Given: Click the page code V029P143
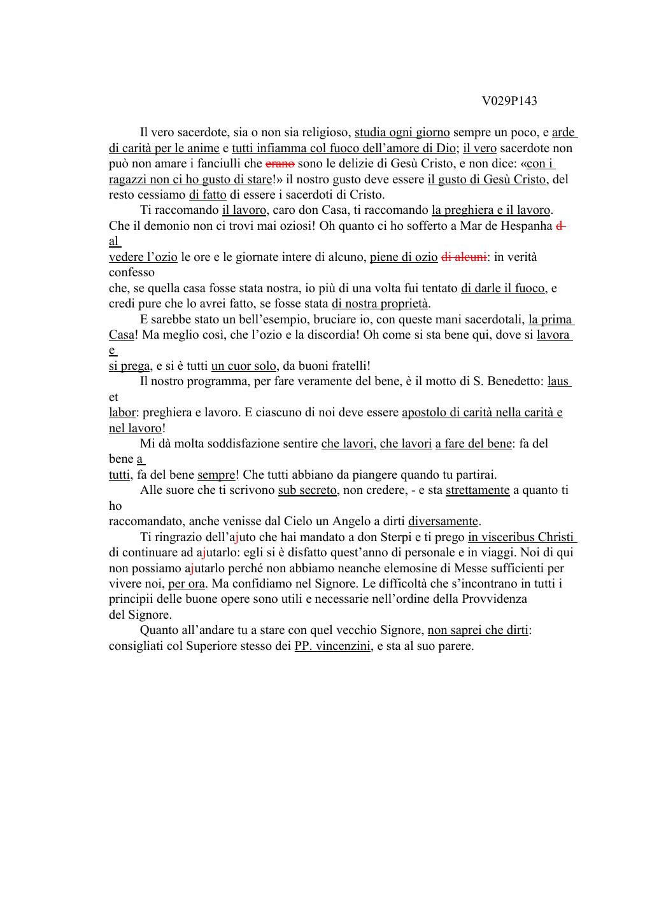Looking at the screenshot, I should (x=509, y=101).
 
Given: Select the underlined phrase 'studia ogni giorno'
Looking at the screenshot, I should (x=402, y=133).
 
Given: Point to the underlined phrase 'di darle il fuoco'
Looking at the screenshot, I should (x=503, y=288).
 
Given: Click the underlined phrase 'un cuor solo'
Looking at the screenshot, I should (x=244, y=366).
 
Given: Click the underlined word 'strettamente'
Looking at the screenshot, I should (x=478, y=490).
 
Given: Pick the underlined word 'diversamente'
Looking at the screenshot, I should (x=443, y=521).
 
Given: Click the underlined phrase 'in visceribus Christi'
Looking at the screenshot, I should (x=521, y=537).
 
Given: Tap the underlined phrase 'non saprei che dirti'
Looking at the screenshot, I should (x=478, y=631).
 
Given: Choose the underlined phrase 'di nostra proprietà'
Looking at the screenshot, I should (x=380, y=304).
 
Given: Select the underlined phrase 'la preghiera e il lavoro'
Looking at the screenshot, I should (x=491, y=211).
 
